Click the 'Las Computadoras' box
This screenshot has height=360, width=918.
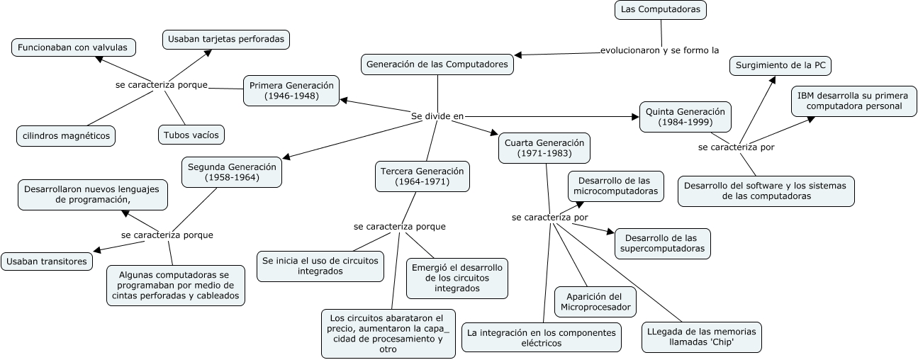660,10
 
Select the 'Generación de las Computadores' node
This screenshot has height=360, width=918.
437,64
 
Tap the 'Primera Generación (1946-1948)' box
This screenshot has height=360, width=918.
291,90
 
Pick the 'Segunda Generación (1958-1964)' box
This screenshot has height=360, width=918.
232,172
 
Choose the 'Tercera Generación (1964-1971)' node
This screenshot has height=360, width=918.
422,176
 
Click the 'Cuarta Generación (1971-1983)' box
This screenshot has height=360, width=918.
544,147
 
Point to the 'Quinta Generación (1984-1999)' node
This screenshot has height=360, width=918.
685,117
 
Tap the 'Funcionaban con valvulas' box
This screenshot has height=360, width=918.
74,47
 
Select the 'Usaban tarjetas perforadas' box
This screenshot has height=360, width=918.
226,39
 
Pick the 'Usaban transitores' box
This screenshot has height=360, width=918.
47,261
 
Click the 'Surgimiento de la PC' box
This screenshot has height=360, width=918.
780,66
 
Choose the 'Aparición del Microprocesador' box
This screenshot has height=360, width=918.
595,301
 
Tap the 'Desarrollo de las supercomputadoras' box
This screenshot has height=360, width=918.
662,243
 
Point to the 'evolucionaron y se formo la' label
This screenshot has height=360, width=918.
659,50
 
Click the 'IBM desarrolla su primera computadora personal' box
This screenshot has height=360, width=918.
849,101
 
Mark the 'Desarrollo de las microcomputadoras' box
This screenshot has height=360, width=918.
615,186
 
